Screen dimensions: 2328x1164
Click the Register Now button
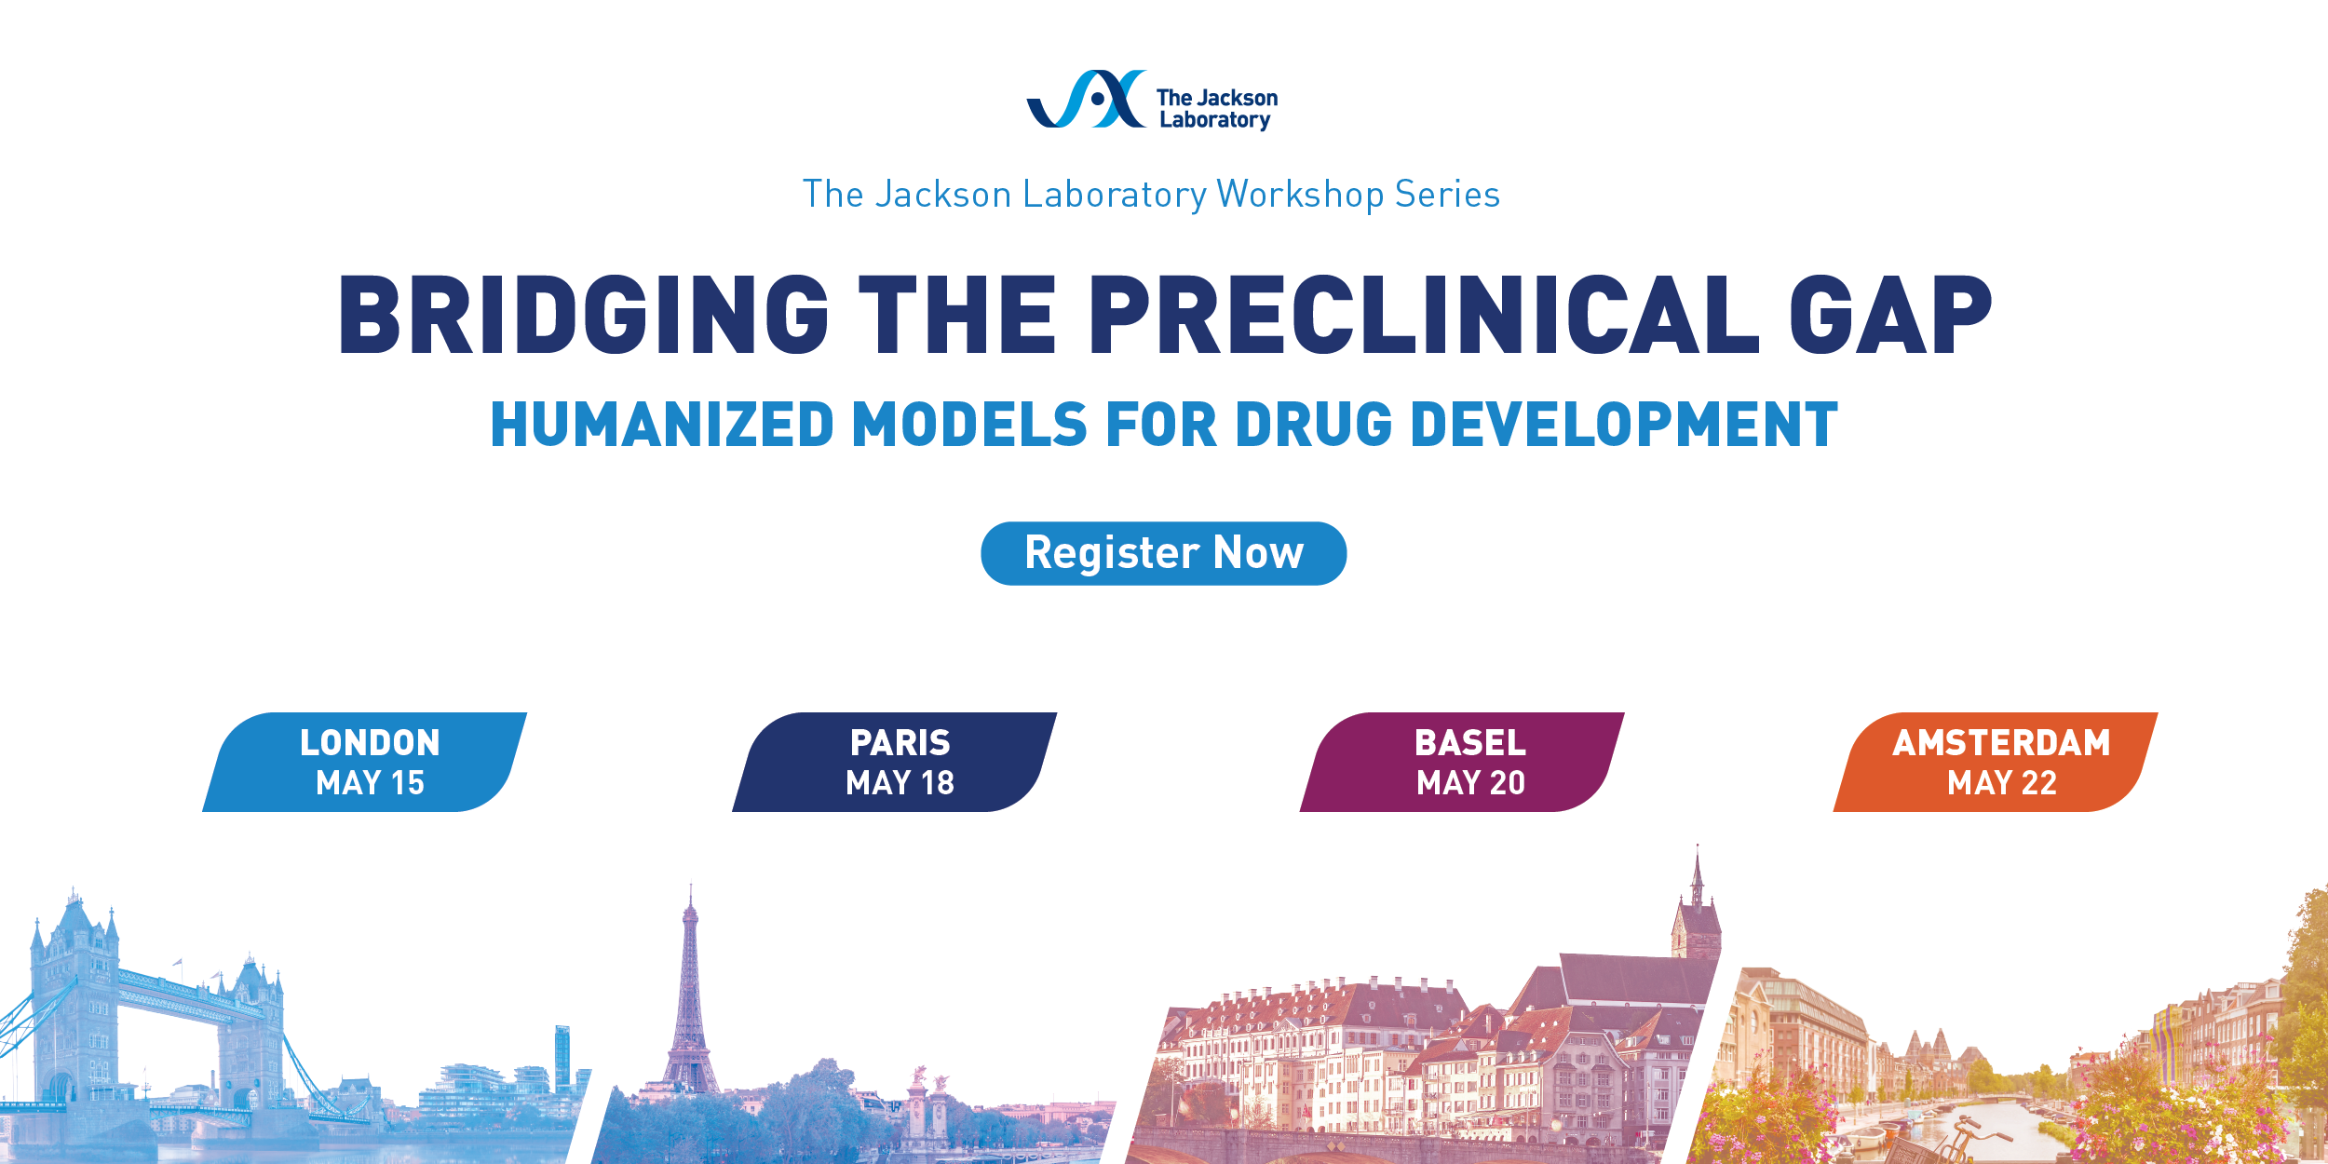1163,553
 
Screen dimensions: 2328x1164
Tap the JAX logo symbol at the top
1086,99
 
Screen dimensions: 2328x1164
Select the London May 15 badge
365,762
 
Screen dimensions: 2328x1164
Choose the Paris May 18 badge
895,762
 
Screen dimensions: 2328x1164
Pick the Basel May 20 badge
1462,762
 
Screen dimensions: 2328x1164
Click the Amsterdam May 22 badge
1996,762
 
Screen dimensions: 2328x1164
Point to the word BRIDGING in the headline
584,315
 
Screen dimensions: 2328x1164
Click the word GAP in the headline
1890,315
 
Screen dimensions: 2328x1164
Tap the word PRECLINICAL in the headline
1424,315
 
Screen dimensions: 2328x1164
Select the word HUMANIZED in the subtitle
662,425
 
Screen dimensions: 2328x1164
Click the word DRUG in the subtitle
1313,425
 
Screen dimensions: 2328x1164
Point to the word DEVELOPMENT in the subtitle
1624,425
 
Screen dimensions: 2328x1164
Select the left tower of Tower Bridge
74,1006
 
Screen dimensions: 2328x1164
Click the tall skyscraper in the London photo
562,1057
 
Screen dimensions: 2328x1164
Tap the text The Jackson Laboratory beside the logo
1217,109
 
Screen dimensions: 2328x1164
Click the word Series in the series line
1447,195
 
